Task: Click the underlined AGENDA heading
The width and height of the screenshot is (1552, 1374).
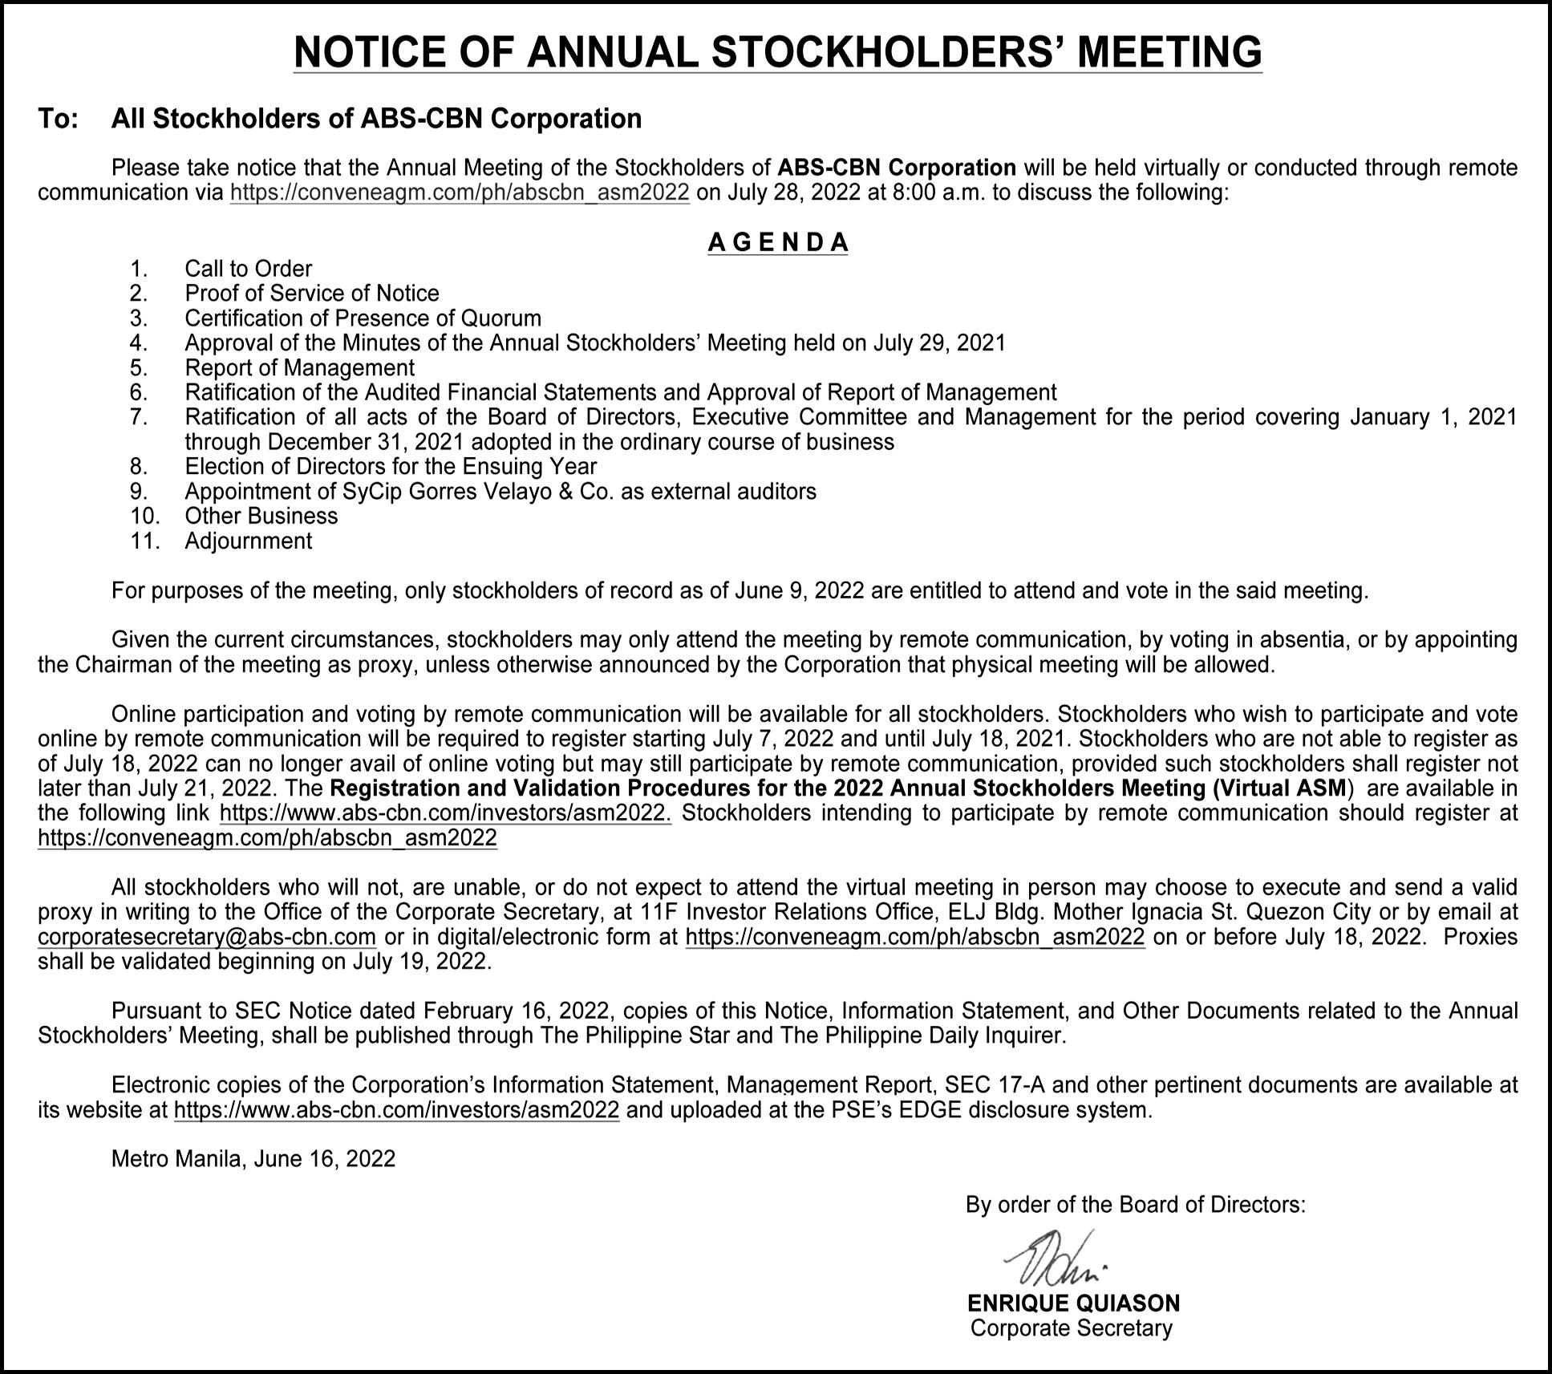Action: pos(777,242)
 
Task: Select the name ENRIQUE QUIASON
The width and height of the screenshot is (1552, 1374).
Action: pos(1073,1303)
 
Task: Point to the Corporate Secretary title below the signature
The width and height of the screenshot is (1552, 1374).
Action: pos(1071,1328)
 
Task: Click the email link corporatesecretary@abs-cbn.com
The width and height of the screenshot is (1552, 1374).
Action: pos(207,937)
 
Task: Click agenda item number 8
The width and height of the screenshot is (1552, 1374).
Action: pos(139,467)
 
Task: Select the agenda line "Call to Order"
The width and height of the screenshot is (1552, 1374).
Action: pos(248,269)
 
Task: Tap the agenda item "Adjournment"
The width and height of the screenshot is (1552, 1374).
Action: pos(248,541)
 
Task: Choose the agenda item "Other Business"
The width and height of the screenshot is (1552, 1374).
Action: pos(261,516)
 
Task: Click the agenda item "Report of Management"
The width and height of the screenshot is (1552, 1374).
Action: pos(299,368)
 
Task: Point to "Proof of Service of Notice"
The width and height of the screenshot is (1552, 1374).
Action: pos(312,294)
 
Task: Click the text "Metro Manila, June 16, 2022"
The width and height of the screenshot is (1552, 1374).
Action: pos(253,1159)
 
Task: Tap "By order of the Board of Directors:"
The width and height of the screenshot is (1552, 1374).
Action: pos(1135,1205)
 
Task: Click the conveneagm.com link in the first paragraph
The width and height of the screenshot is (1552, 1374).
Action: pos(460,193)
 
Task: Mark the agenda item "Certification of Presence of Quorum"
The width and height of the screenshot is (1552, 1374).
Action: pos(363,318)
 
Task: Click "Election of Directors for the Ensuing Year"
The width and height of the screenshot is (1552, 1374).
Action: pos(391,467)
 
